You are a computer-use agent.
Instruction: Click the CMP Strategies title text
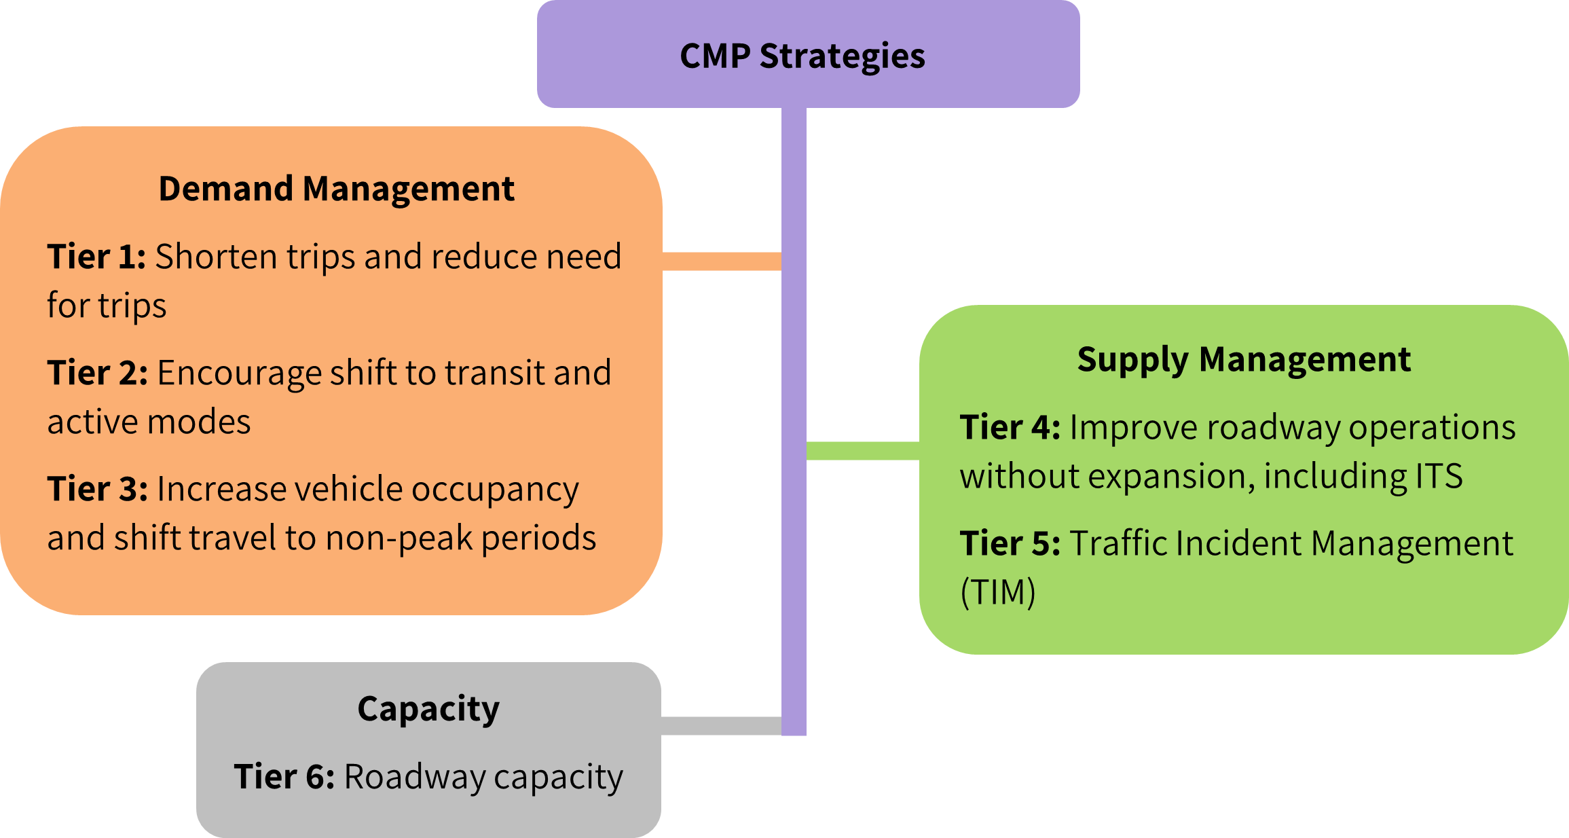coord(802,56)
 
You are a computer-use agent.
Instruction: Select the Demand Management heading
coord(336,189)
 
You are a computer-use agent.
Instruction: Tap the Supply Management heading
coord(1244,359)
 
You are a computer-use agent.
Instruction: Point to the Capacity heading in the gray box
coord(428,709)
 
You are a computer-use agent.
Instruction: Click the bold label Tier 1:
coord(96,257)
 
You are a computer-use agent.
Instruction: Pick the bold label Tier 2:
coord(97,373)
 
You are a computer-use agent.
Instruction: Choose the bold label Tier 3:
coord(97,489)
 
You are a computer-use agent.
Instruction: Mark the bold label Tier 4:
coord(1010,428)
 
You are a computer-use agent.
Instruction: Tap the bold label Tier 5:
coord(1010,543)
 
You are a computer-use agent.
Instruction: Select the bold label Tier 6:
coord(284,777)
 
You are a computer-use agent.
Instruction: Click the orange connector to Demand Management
coord(721,261)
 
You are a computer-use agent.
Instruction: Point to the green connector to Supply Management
coord(862,450)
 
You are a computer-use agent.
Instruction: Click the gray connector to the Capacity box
coord(721,725)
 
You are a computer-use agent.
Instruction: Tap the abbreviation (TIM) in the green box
coord(998,592)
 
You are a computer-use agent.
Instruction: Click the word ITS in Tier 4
coord(1439,476)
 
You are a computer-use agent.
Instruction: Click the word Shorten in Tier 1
coord(217,257)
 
